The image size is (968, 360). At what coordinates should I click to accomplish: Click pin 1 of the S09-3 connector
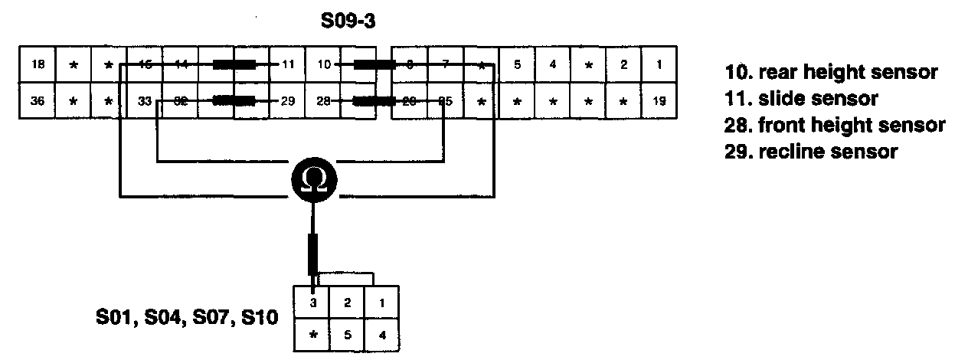tap(659, 65)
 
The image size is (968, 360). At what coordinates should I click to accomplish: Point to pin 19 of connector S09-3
tap(659, 100)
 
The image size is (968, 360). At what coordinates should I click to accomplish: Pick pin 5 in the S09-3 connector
tap(518, 65)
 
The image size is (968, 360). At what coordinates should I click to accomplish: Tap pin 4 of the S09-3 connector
tap(553, 65)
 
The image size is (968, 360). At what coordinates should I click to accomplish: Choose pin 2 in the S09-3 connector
tap(624, 65)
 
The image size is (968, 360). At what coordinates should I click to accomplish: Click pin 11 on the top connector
tap(287, 65)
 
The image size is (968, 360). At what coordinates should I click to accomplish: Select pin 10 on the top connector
tap(323, 65)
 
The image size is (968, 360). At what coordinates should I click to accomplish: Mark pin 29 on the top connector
tap(287, 100)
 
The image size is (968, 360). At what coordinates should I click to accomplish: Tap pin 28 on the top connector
tap(323, 100)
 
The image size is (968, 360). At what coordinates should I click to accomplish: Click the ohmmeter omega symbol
tap(313, 180)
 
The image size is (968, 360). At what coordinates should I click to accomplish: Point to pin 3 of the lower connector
tap(312, 303)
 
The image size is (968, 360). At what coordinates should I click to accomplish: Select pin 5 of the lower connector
tap(347, 334)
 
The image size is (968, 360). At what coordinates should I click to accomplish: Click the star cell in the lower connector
tap(312, 334)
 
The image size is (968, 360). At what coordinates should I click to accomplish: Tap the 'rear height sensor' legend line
tap(831, 73)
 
